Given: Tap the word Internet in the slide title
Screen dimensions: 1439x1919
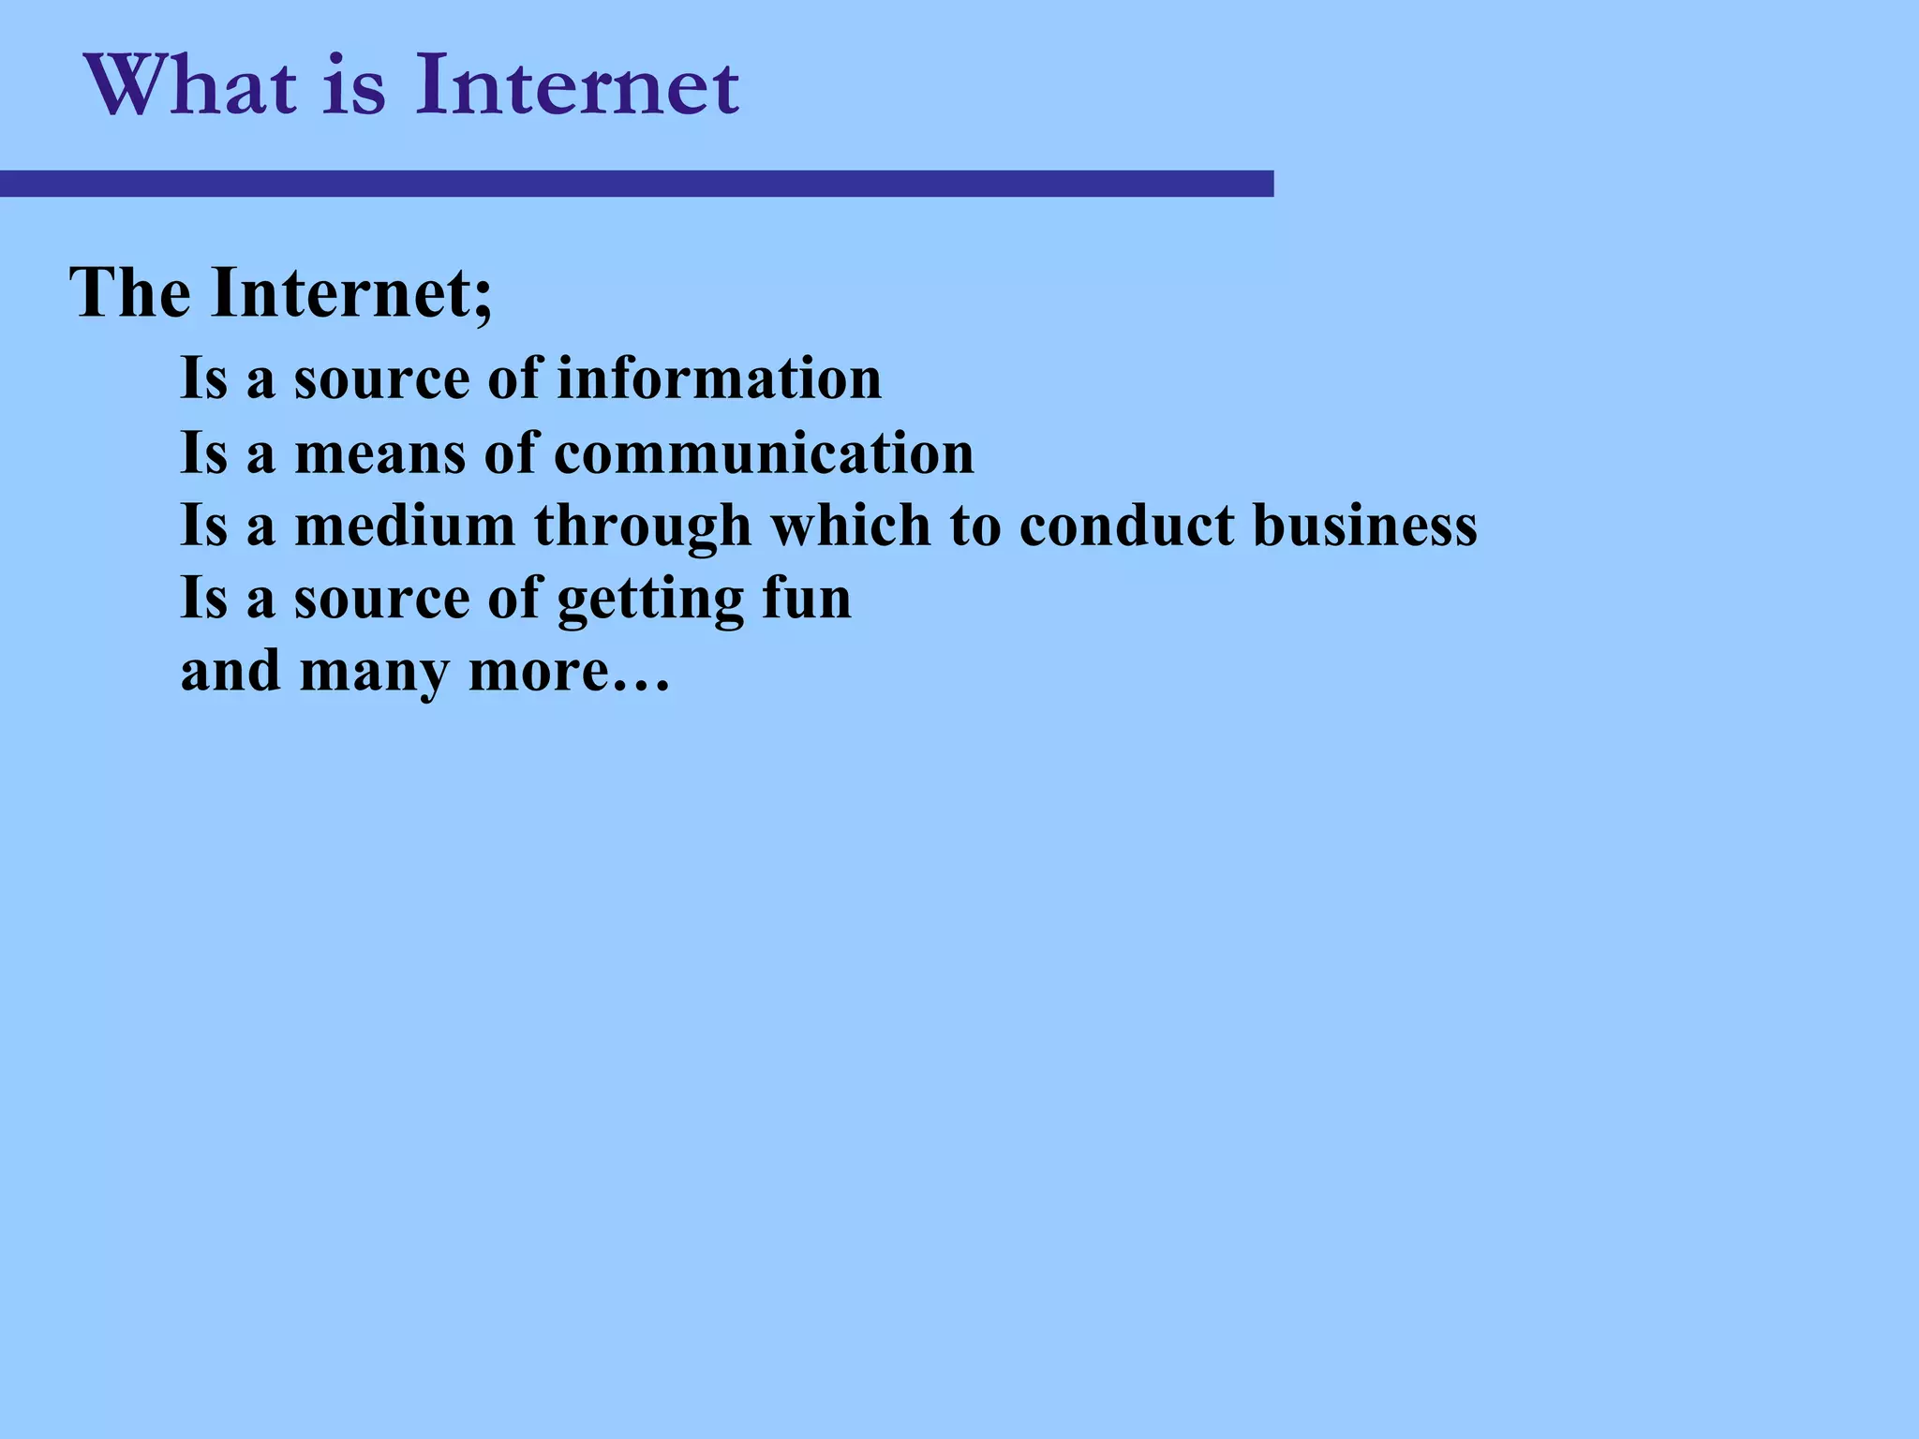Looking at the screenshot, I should point(577,86).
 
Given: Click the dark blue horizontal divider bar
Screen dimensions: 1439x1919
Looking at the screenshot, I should point(637,184).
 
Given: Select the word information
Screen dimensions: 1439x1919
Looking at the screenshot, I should point(720,378).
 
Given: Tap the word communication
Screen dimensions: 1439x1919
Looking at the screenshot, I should point(764,453).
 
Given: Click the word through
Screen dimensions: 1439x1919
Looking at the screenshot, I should point(643,527).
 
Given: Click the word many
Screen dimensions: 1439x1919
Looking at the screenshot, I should point(374,673).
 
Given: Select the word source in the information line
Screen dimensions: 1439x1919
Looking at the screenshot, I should point(379,378).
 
